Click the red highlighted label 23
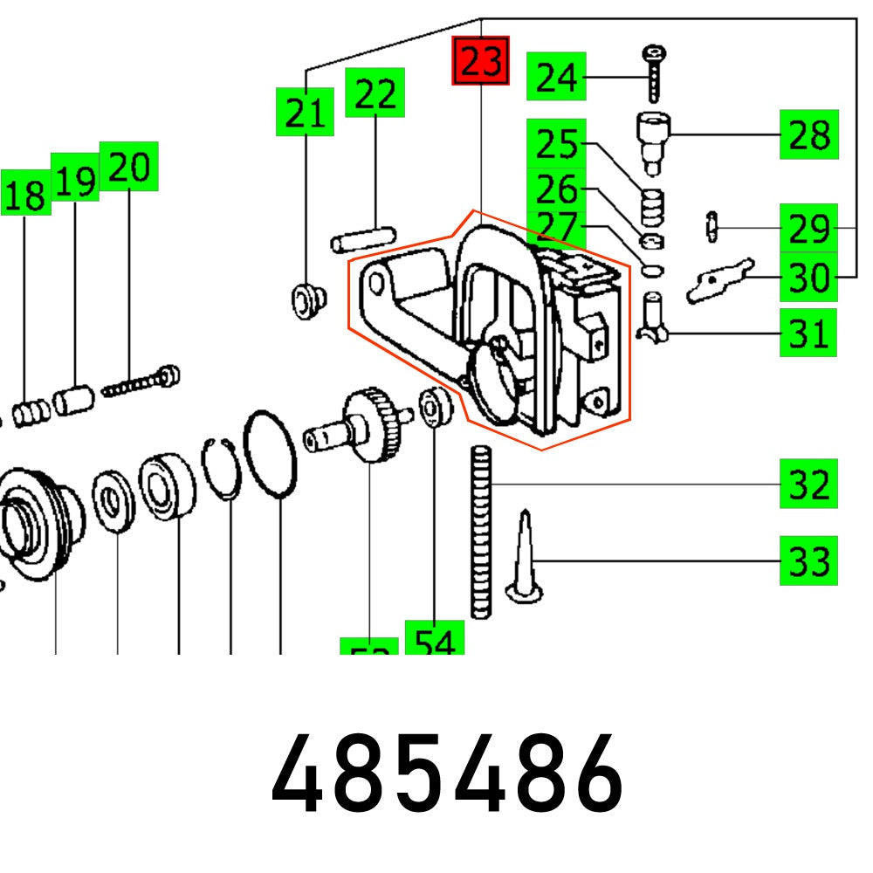pyautogui.click(x=480, y=61)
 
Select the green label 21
pyautogui.click(x=305, y=111)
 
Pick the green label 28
pyautogui.click(x=809, y=134)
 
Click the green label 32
pyautogui.click(x=808, y=484)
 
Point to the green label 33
pyautogui.click(x=808, y=560)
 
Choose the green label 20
pyautogui.click(x=129, y=166)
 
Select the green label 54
pyautogui.click(x=434, y=643)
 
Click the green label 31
pyautogui.click(x=808, y=333)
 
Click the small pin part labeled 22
pyautogui.click(x=362, y=237)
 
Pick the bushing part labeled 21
pyautogui.click(x=306, y=299)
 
